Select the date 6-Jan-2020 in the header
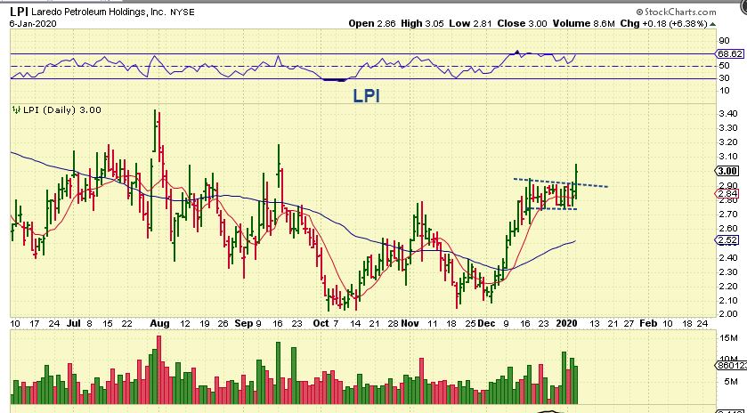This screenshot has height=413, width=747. point(26,22)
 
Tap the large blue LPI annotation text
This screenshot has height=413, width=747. point(365,95)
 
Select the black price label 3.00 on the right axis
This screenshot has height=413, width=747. point(727,170)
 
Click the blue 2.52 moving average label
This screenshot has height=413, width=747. point(727,240)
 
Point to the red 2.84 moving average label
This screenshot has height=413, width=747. point(727,193)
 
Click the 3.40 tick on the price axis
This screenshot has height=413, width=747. point(727,113)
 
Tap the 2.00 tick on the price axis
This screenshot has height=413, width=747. point(727,313)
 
